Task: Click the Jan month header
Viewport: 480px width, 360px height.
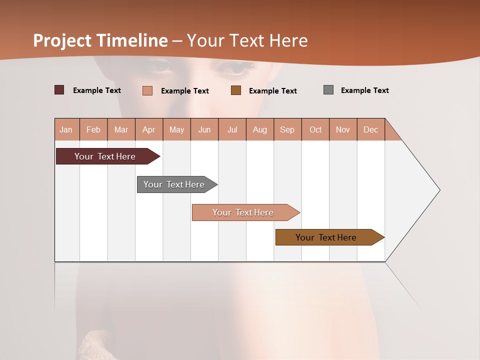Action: (66, 129)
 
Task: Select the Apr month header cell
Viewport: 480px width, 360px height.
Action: (149, 129)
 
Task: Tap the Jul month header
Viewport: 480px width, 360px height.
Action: (232, 129)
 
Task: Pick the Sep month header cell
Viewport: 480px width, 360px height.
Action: (287, 129)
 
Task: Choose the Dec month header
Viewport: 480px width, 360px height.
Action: (371, 129)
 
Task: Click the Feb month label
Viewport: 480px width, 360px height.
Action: (93, 129)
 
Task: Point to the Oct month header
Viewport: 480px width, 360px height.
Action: (315, 129)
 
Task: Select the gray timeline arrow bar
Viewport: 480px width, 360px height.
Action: (174, 184)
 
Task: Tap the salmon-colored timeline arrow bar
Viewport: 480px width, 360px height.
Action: (243, 212)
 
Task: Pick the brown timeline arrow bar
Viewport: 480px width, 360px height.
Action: (326, 237)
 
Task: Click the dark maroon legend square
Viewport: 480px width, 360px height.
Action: (59, 90)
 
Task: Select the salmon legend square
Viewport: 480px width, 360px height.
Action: (147, 90)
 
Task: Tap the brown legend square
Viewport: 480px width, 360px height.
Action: (236, 90)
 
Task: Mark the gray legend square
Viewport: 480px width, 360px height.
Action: (328, 90)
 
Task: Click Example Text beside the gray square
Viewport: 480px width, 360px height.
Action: (364, 90)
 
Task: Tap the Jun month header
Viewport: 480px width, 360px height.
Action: (204, 129)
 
